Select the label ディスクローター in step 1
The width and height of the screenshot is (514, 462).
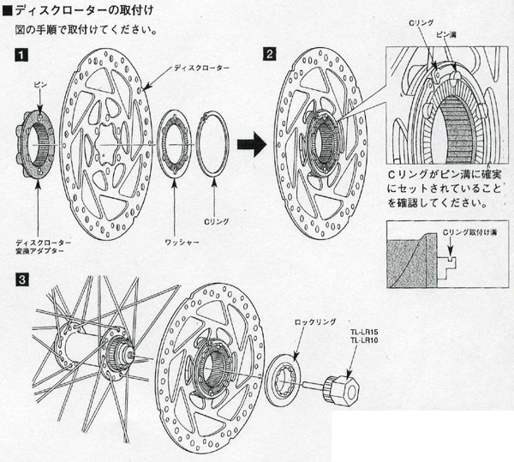point(199,66)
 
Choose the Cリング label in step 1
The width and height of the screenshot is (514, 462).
point(220,221)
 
